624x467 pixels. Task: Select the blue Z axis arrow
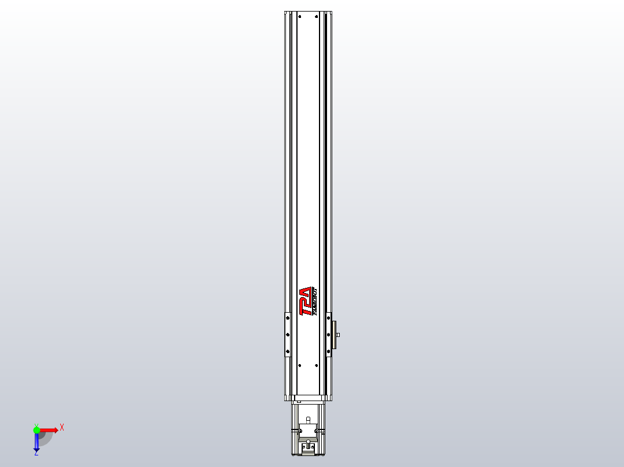36,442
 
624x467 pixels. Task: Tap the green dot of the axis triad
36,429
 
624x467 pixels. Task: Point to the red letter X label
62,427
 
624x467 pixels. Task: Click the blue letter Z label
36,454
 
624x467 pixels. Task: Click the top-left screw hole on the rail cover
299,17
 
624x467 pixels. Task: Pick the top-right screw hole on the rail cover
317,17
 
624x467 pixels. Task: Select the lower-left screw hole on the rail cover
299,365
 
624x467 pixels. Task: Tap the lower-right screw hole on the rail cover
317,365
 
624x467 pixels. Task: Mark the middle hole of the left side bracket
288,334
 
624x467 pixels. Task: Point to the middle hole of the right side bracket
329,334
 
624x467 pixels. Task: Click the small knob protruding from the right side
338,335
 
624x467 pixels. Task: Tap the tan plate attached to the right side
333,335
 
